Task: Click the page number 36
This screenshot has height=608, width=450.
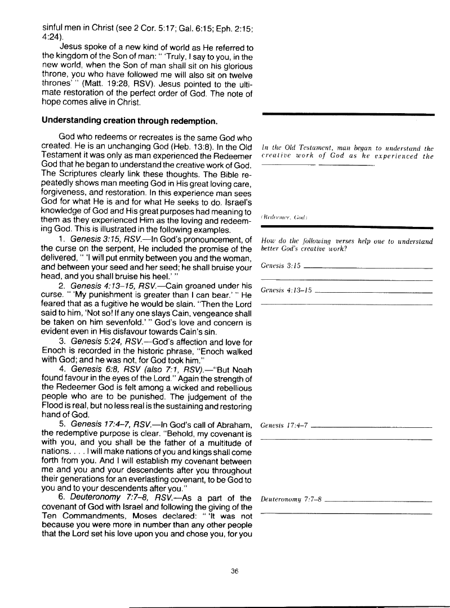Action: pyautogui.click(x=235, y=571)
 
